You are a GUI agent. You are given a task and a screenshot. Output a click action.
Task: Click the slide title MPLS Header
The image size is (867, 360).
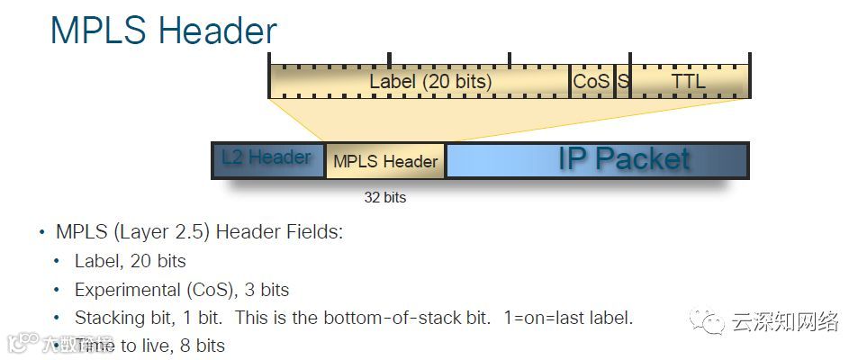(163, 31)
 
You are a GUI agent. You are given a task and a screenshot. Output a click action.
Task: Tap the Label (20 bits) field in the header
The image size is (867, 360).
(430, 82)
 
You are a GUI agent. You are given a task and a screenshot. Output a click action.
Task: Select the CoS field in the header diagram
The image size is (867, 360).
(592, 82)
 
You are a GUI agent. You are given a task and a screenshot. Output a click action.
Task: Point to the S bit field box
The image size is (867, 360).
(622, 82)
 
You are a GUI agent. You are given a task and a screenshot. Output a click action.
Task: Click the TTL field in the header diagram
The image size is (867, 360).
(689, 82)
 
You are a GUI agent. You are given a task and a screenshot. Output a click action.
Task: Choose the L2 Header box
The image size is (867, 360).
(267, 159)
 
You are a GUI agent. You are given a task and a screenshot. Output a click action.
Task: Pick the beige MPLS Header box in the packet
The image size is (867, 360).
(385, 161)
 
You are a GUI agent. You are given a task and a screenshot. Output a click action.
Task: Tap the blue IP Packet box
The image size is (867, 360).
(596, 159)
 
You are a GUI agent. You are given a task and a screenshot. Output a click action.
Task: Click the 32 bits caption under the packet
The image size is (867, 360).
(384, 197)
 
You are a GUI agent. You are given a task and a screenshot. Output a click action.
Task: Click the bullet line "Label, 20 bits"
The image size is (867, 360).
(130, 261)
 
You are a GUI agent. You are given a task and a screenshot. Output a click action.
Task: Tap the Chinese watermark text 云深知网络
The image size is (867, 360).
(785, 321)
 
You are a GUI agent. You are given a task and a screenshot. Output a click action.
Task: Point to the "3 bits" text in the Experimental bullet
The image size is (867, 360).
(266, 290)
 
